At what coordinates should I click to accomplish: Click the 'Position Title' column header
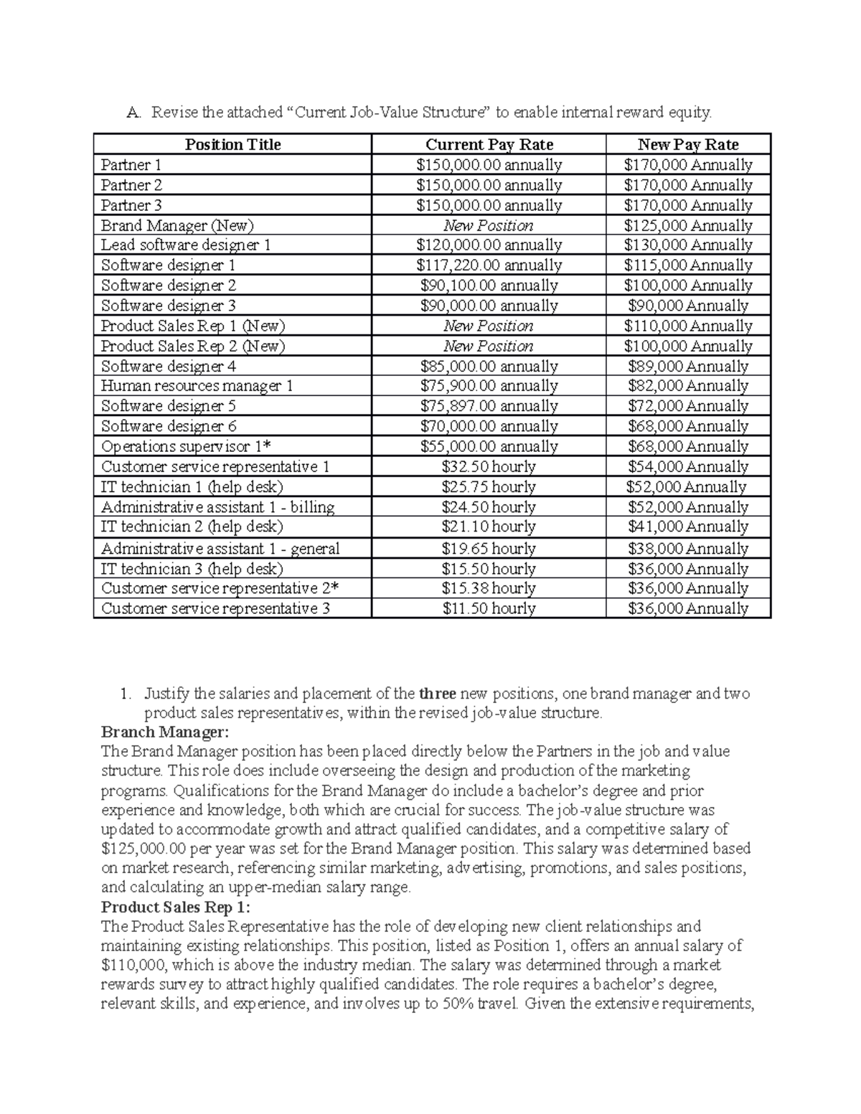tap(232, 144)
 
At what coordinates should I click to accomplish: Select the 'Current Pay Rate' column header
tap(489, 144)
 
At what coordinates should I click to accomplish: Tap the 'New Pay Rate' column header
tap(688, 144)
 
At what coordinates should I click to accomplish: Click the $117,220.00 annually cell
tap(489, 265)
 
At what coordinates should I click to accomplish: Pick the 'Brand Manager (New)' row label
tap(177, 225)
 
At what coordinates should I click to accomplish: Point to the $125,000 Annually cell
tap(688, 225)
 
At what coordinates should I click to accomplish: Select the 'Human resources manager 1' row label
tap(197, 386)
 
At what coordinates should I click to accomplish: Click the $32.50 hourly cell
tap(489, 466)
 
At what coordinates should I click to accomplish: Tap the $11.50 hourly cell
tap(489, 608)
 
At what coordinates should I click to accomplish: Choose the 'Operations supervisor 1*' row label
tap(186, 446)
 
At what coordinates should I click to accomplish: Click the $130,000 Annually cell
tap(688, 245)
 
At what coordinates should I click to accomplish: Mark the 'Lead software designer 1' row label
tap(186, 245)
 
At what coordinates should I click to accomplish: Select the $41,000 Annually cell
tap(688, 527)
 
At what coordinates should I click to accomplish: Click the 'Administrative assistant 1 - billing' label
tap(217, 507)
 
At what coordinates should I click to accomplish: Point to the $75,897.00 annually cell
tap(489, 406)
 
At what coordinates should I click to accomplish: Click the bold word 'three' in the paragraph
tap(437, 694)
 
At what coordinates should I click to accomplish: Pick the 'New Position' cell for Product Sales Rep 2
tap(489, 346)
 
